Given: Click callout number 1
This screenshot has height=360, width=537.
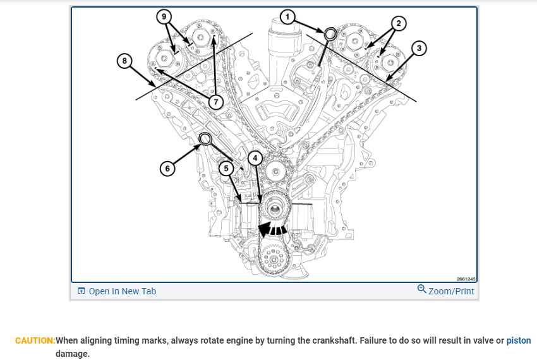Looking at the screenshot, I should (287, 17).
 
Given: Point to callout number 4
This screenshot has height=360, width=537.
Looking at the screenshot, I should (255, 157).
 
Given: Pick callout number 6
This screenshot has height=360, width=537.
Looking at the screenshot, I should (167, 169).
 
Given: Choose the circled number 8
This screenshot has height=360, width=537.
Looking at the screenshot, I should (125, 61).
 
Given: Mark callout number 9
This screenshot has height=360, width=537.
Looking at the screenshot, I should (165, 16).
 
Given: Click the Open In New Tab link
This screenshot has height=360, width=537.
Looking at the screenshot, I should (122, 291).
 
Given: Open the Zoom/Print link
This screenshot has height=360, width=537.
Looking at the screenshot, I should (450, 291).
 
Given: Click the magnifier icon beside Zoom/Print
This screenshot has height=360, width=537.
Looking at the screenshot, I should (421, 290).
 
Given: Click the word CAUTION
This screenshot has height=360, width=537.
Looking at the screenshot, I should (35, 340).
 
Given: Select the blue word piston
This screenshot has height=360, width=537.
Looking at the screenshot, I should (519, 340).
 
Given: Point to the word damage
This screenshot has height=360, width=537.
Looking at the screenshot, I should (73, 354).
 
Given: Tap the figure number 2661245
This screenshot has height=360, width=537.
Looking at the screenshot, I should (466, 279).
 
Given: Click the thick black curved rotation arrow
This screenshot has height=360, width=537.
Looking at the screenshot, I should (273, 228).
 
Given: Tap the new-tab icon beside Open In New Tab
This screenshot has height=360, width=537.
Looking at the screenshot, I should (81, 291).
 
